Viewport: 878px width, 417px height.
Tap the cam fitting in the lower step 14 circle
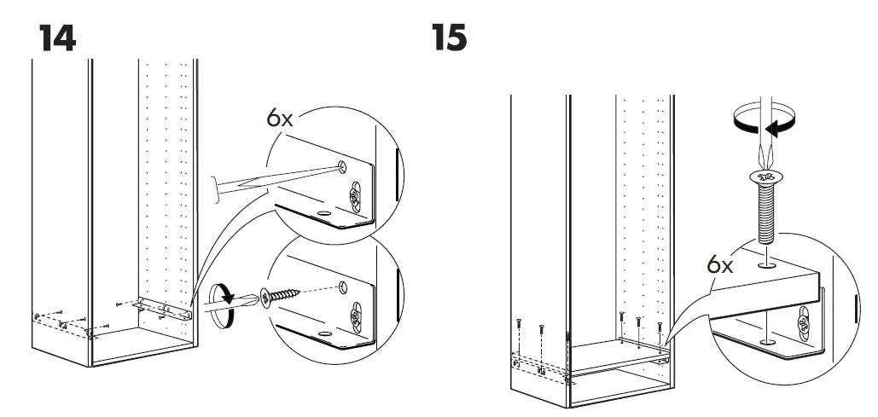pyautogui.click(x=354, y=319)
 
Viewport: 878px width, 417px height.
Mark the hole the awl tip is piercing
pyautogui.click(x=341, y=165)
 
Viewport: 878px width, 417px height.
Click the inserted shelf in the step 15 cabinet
pyautogui.click(x=614, y=356)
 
